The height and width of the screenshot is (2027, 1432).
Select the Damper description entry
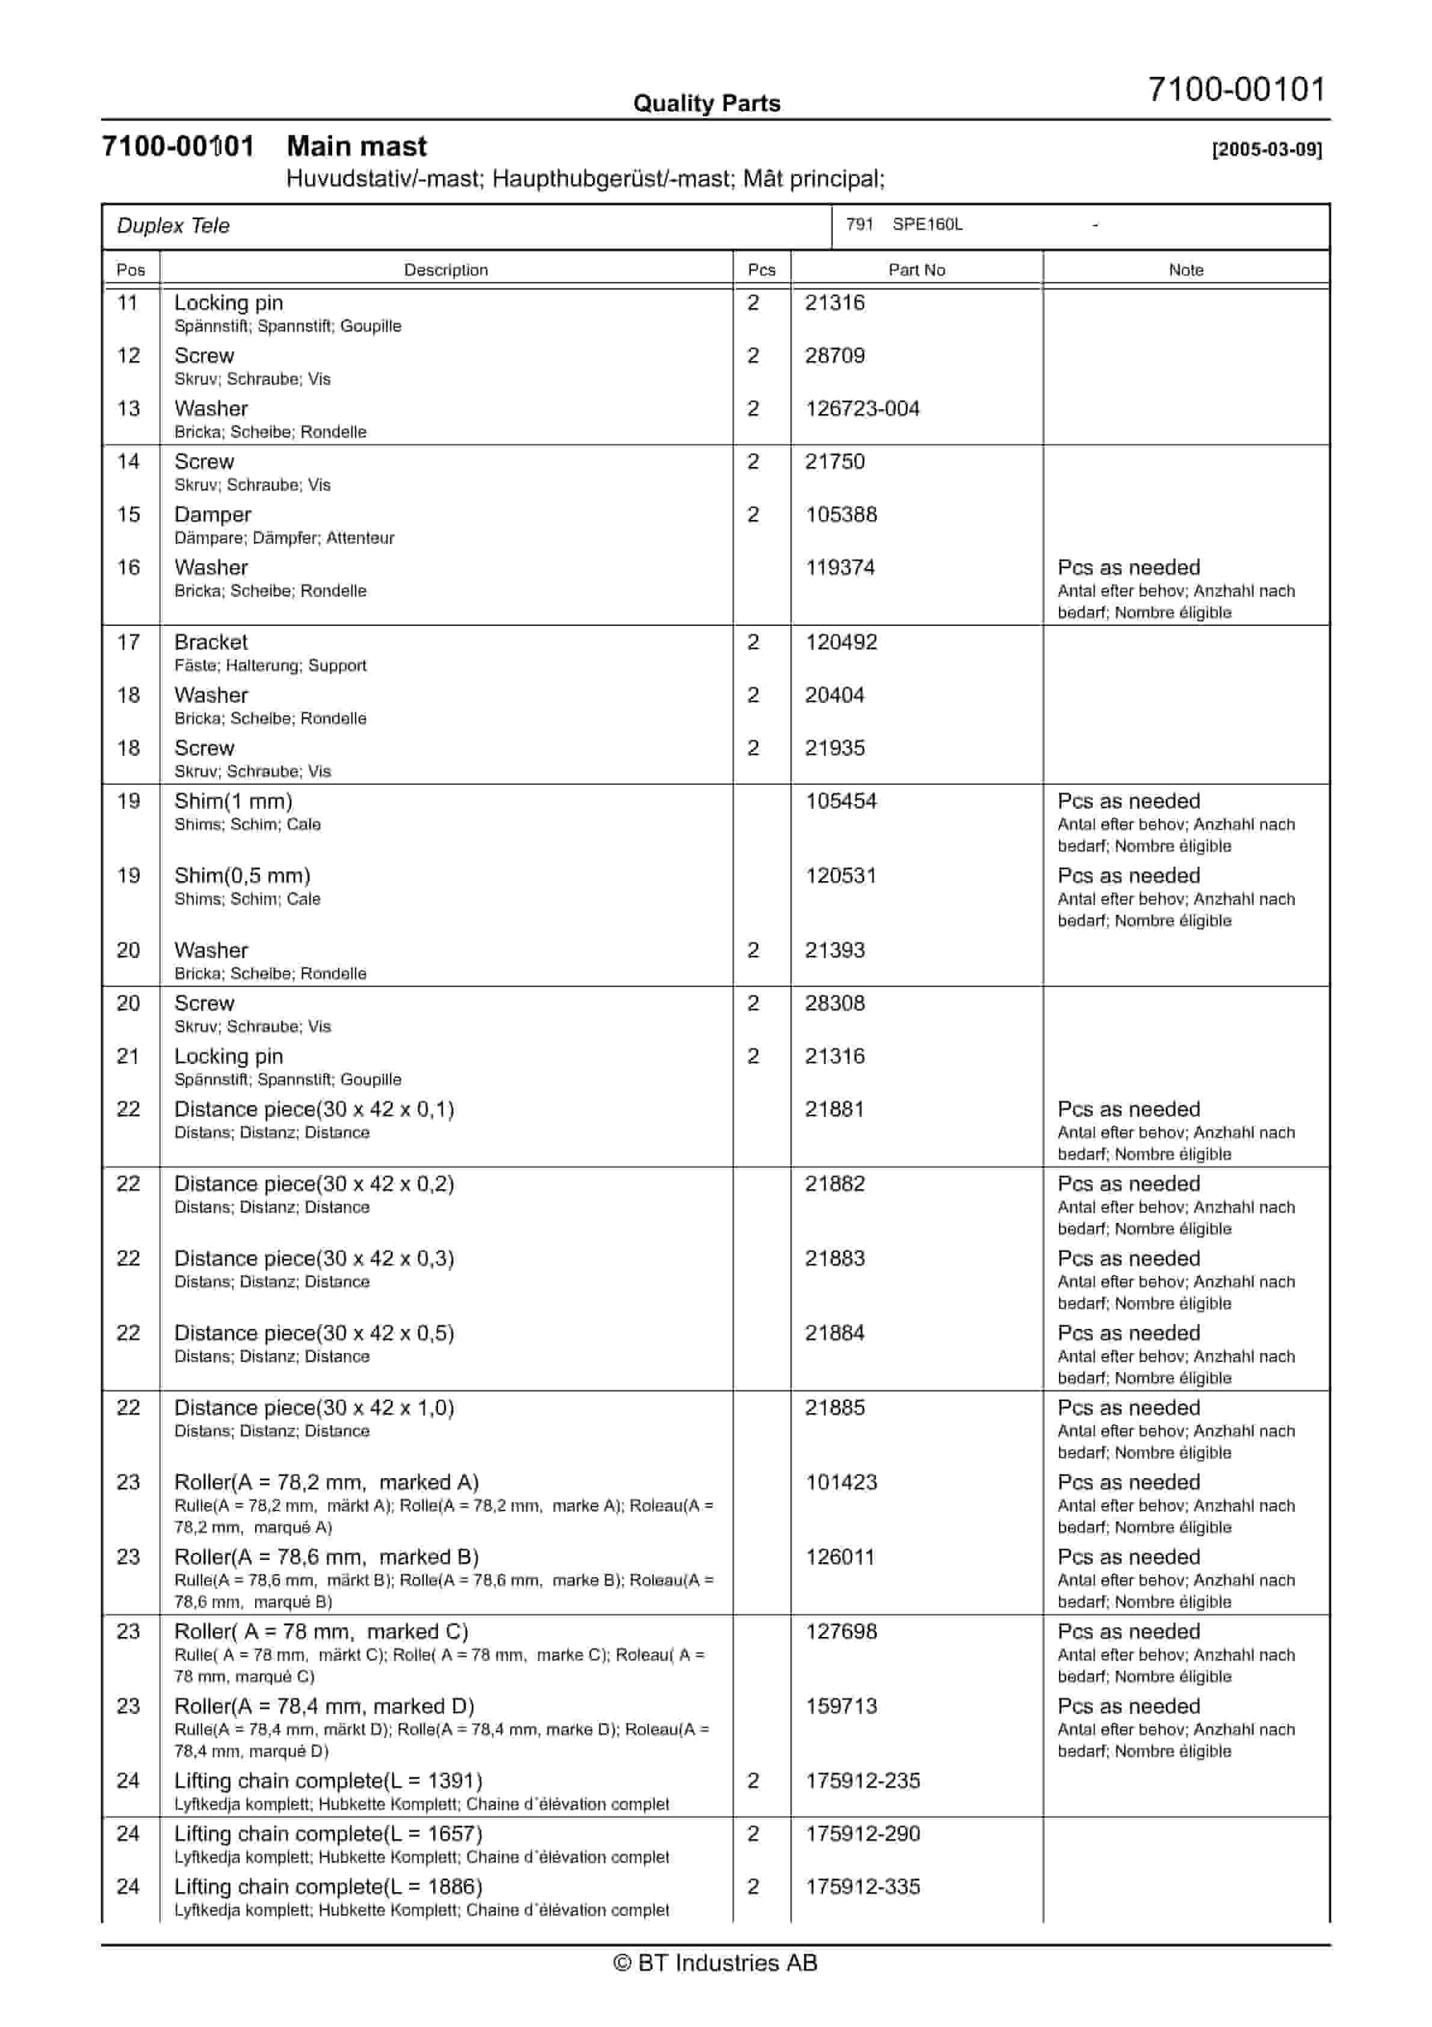[213, 515]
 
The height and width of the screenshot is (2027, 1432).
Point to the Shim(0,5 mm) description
[242, 876]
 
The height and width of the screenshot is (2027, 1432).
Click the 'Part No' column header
[916, 270]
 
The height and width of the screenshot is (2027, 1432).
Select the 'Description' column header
[446, 270]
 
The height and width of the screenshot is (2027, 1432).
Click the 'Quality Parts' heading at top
[706, 104]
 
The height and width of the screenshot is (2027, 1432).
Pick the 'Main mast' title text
[357, 147]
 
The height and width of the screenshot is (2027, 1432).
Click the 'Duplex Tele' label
[173, 226]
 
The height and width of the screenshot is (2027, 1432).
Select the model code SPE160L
[927, 224]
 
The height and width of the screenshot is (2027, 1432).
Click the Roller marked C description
[321, 1632]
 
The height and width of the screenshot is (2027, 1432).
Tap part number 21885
[835, 1408]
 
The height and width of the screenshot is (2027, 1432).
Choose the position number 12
[129, 356]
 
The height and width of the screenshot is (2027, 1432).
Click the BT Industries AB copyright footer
[715, 1963]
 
